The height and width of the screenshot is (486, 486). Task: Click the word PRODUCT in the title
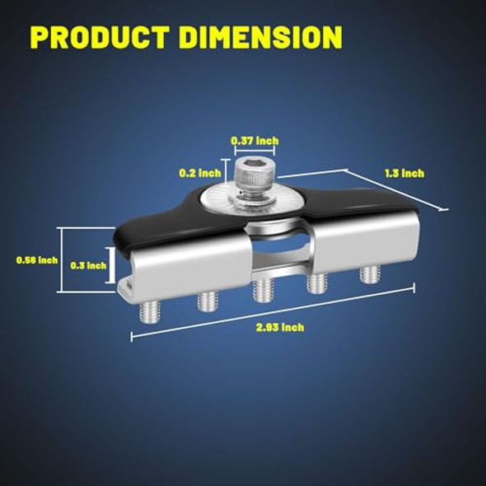click(100, 37)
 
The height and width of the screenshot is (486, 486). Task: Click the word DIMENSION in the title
click(260, 37)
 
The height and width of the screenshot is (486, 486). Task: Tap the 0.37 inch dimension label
click(255, 141)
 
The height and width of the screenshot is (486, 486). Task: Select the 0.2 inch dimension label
click(200, 173)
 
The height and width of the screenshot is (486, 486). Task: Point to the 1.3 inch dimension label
click(404, 173)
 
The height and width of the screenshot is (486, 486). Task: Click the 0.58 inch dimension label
click(37, 260)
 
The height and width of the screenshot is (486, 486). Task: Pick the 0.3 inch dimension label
click(88, 265)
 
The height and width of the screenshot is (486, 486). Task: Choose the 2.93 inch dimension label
click(280, 327)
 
